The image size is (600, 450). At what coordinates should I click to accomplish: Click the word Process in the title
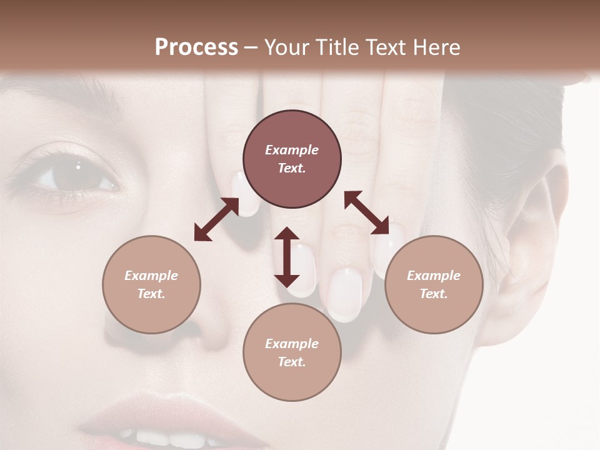[x=196, y=47]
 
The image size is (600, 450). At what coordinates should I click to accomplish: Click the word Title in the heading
[x=339, y=47]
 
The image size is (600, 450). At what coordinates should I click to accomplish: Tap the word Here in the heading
[x=436, y=47]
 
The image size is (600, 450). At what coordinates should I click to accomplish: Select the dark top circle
[x=292, y=159]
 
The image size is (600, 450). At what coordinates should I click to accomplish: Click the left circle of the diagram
[x=151, y=284]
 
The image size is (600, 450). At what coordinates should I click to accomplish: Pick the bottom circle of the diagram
[x=292, y=352]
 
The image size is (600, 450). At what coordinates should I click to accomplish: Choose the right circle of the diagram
[x=434, y=284]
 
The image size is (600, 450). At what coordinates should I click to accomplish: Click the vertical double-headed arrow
[x=287, y=257]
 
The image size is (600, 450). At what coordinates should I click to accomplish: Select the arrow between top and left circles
[x=216, y=219]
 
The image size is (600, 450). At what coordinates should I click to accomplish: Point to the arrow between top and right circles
[x=366, y=212]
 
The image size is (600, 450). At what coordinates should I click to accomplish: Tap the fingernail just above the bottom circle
[x=344, y=294]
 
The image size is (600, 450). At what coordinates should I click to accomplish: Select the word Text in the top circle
[x=291, y=168]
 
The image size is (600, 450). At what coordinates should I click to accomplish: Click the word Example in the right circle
[x=433, y=276]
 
